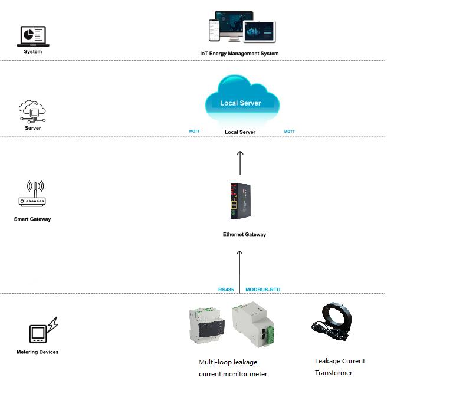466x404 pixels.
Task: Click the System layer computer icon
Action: (32, 36)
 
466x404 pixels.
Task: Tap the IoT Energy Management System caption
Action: (239, 54)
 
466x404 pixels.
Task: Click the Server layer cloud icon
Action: (32, 111)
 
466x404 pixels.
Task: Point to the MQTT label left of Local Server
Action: (194, 131)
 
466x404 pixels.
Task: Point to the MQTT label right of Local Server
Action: (289, 131)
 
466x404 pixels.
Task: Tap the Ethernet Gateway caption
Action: (244, 235)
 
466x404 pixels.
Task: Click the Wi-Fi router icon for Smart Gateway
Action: (32, 195)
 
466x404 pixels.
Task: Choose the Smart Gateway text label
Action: (32, 219)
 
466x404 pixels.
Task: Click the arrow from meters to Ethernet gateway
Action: (239, 268)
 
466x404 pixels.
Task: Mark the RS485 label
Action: (226, 290)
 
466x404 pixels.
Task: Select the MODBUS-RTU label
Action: (262, 290)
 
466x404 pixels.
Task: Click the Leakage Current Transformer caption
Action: (340, 367)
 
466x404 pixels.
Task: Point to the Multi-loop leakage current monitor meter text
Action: (232, 368)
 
